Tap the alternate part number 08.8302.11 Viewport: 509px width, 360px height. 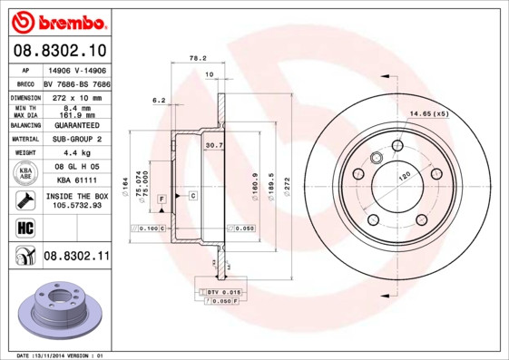pyautogui.click(x=75, y=257)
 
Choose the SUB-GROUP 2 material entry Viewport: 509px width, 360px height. pyautogui.click(x=76, y=139)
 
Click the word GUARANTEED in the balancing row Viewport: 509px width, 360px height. pyautogui.click(x=76, y=124)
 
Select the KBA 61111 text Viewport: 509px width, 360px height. pyautogui.click(x=76, y=180)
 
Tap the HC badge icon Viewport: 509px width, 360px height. pyautogui.click(x=25, y=226)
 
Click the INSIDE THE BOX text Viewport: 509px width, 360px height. pyautogui.click(x=76, y=196)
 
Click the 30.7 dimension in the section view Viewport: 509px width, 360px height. pyautogui.click(x=214, y=144)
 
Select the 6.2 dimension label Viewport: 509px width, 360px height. pyautogui.click(x=158, y=101)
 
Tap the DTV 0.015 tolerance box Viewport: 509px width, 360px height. pyautogui.click(x=214, y=291)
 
